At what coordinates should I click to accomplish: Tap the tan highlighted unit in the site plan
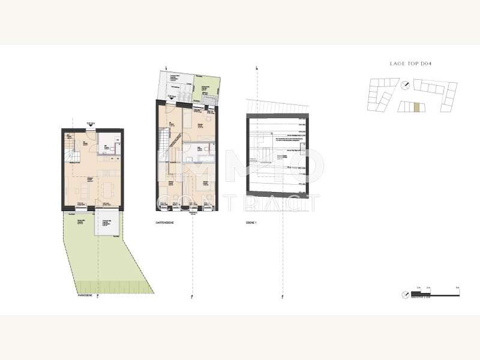[416, 107]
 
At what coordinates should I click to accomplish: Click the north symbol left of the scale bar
[406, 295]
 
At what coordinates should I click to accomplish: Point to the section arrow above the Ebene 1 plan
[257, 68]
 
